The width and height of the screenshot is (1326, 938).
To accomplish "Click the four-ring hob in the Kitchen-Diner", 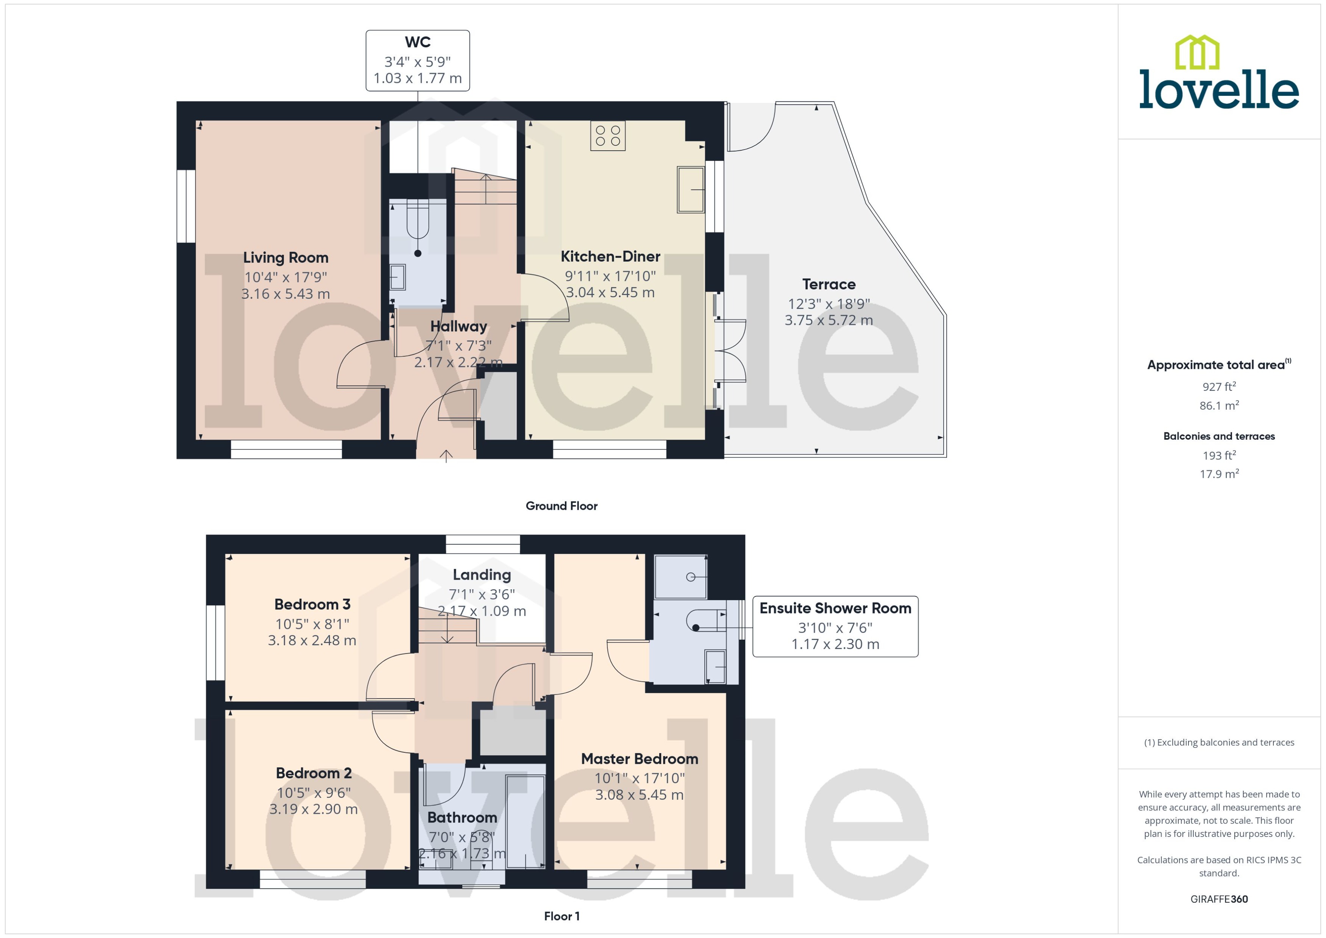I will coord(607,135).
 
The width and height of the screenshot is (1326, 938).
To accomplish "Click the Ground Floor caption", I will coord(561,506).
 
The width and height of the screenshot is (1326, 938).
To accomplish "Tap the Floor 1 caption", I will coord(561,916).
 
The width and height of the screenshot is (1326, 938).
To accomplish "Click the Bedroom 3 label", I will coord(312,605).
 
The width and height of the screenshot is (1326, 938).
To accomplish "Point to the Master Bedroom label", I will coord(639,759).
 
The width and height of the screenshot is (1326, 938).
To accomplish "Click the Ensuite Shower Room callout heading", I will coord(835,608).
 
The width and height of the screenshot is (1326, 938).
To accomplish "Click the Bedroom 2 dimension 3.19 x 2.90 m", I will coord(313,809).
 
